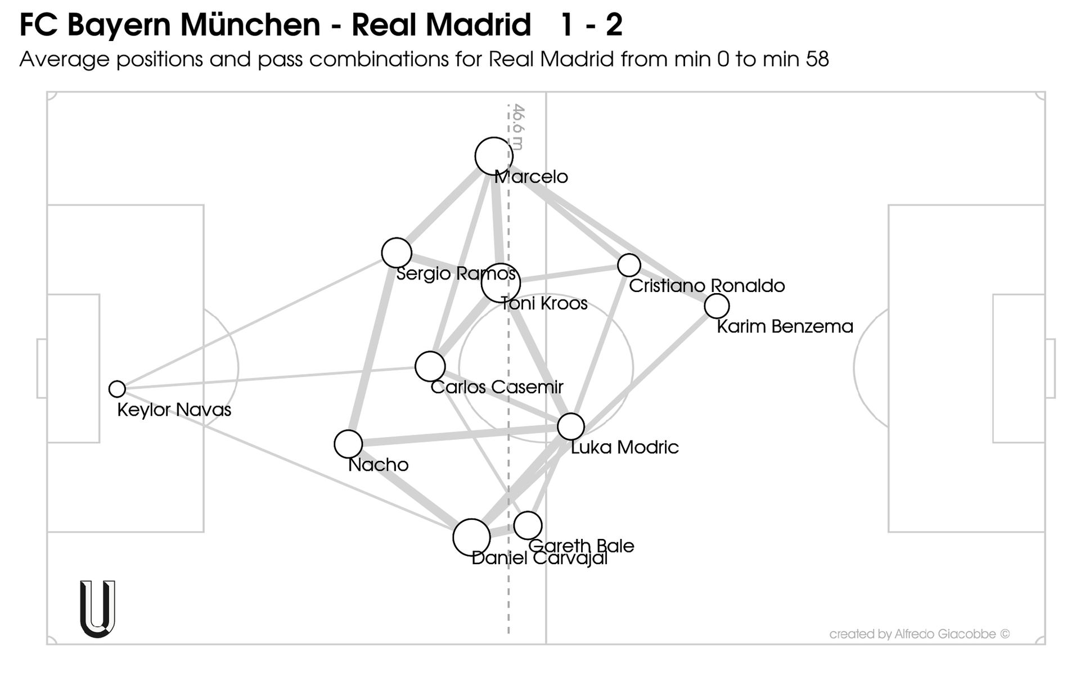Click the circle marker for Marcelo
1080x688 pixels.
pyautogui.click(x=494, y=156)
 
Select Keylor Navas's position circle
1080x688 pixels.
pyautogui.click(x=117, y=389)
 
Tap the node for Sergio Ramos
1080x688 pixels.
pyautogui.click(x=397, y=253)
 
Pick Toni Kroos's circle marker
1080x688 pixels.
pyautogui.click(x=501, y=283)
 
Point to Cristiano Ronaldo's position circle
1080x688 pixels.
pyautogui.click(x=629, y=264)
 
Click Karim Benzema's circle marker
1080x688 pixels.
pyautogui.click(x=717, y=306)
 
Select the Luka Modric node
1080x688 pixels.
pyautogui.click(x=571, y=426)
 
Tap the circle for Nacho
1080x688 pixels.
pyautogui.click(x=348, y=444)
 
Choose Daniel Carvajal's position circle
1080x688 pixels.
pyautogui.click(x=471, y=537)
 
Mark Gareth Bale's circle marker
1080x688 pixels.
pyautogui.click(x=528, y=525)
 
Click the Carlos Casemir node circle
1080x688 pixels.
pyautogui.click(x=430, y=367)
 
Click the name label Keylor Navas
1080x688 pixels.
pyautogui.click(x=174, y=410)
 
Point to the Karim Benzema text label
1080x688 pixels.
pyautogui.click(x=785, y=327)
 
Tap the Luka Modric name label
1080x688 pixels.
pyautogui.click(x=624, y=448)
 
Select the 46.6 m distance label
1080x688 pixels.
pyautogui.click(x=518, y=127)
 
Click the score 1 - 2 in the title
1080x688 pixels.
pyautogui.click(x=591, y=25)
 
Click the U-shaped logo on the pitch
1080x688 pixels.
pyautogui.click(x=98, y=609)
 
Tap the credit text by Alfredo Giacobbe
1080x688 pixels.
pyautogui.click(x=919, y=634)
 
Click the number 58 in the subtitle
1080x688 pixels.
pyautogui.click(x=817, y=59)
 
